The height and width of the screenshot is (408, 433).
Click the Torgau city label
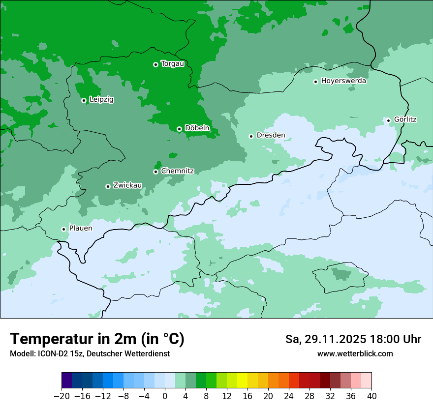pos(172,64)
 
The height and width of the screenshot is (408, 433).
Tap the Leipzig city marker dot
pos(84,100)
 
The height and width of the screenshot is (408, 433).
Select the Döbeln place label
pos(197,128)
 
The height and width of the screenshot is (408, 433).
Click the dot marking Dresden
pos(251,136)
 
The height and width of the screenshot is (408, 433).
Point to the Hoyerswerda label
pos(343,81)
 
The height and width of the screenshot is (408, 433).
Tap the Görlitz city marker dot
pos(388,120)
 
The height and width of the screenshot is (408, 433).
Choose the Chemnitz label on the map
pos(177,171)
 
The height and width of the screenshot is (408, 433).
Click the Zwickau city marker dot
pos(108,186)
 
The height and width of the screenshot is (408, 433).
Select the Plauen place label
pos(80,229)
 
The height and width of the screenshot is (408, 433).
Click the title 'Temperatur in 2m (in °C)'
pos(97,339)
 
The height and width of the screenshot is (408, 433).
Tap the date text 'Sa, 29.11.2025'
pos(325,339)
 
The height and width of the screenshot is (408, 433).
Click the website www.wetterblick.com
pos(355,354)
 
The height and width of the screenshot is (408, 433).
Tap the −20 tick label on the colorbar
pos(62,396)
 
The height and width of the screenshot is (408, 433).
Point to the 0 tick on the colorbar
pos(165,396)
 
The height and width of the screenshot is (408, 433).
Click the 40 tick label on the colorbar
pos(371,396)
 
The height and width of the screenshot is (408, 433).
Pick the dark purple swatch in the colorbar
pos(67,380)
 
